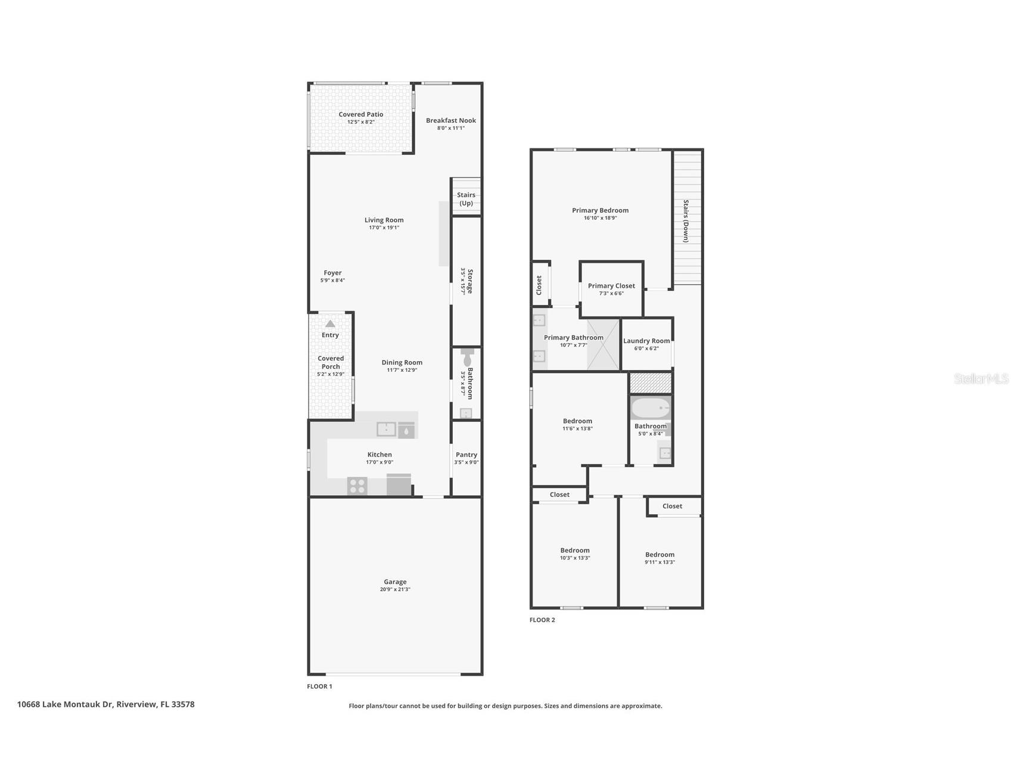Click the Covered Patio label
(360, 114)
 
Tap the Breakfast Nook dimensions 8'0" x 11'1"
(450, 128)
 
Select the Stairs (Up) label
(466, 199)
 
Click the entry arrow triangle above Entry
(330, 324)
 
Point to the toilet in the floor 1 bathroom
(466, 358)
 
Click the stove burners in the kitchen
(357, 486)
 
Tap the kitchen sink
(386, 428)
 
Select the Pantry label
(466, 455)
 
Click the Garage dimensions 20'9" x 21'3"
(395, 589)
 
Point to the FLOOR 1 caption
(319, 686)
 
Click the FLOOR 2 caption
(542, 620)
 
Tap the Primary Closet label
(611, 286)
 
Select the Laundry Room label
(646, 341)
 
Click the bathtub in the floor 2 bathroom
(650, 408)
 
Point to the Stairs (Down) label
(686, 221)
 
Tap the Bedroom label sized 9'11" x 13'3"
(660, 554)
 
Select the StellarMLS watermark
(981, 378)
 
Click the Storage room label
(469, 281)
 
